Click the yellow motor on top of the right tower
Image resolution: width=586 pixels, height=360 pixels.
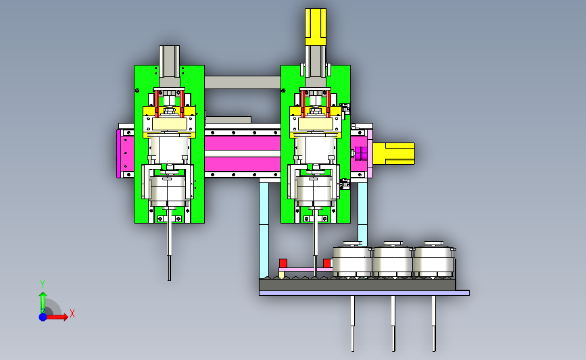pyautogui.click(x=316, y=27)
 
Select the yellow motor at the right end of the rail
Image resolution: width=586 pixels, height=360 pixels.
pyautogui.click(x=394, y=153)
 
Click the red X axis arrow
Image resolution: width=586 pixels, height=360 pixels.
pyautogui.click(x=57, y=317)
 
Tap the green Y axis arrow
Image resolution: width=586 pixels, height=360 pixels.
pyautogui.click(x=43, y=302)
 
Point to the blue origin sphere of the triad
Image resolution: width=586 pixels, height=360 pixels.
pyautogui.click(x=43, y=317)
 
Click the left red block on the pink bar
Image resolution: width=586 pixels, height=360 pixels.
pyautogui.click(x=283, y=263)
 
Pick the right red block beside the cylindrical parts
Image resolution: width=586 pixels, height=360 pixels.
pyautogui.click(x=326, y=263)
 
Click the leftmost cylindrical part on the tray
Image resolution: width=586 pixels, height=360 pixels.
pyautogui.click(x=352, y=259)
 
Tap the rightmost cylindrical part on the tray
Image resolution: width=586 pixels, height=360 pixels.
pyautogui.click(x=433, y=259)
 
